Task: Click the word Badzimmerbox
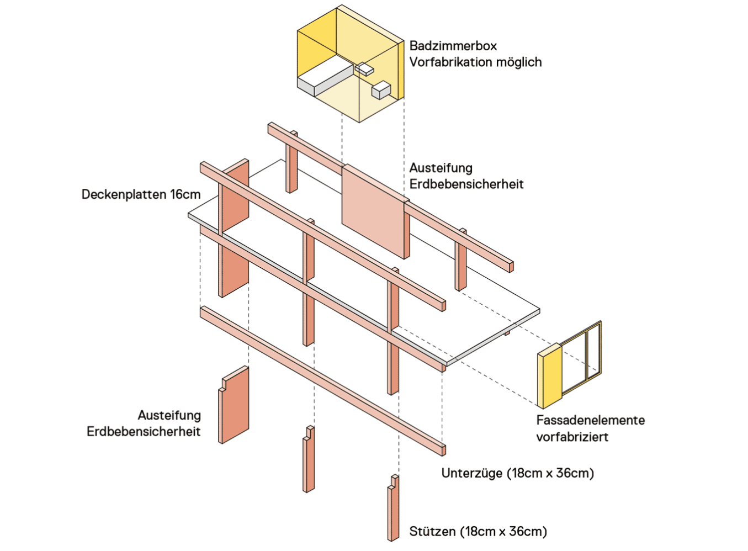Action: click(x=453, y=46)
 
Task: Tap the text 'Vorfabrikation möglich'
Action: click(x=475, y=62)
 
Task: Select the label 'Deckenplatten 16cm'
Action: click(x=141, y=194)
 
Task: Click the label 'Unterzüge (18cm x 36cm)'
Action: click(x=517, y=473)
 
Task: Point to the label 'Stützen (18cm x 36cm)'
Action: click(x=478, y=532)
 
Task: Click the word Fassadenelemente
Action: click(x=590, y=420)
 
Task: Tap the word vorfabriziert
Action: click(x=572, y=437)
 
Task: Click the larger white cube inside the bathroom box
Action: click(x=381, y=90)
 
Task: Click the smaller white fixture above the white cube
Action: click(x=364, y=70)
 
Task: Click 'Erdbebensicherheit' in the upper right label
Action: click(x=466, y=184)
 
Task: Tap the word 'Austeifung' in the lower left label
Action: click(x=169, y=415)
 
